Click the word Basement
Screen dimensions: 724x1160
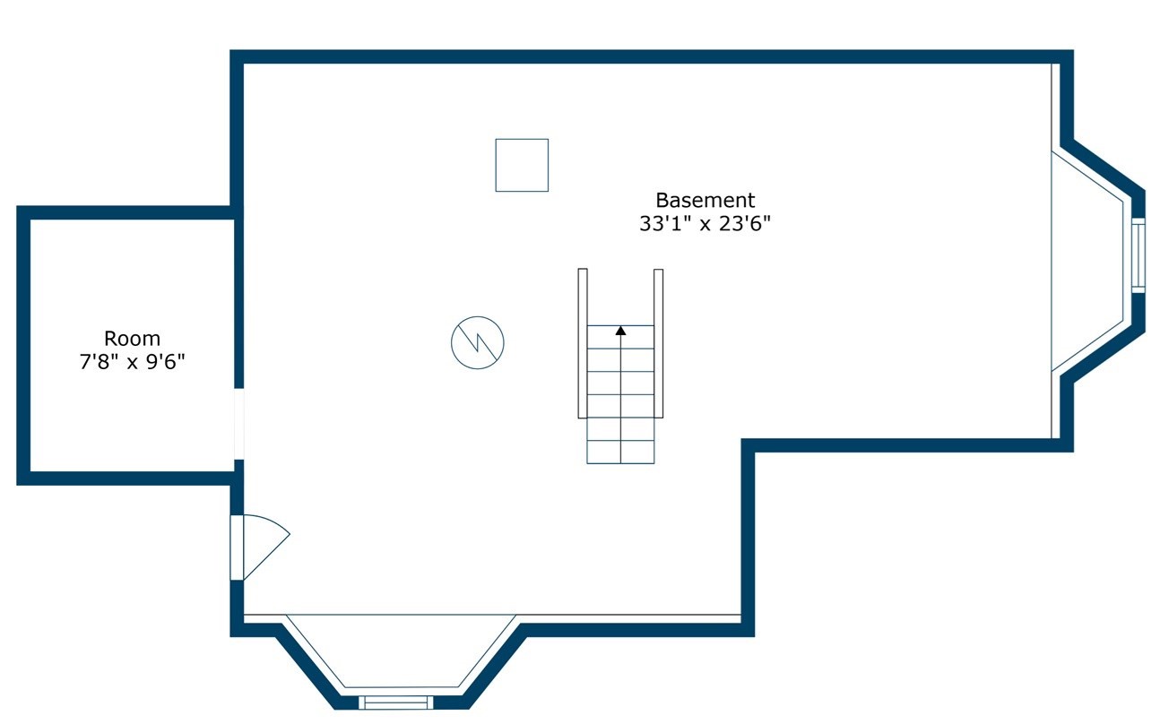(x=705, y=201)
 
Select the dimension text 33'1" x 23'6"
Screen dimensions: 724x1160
(x=705, y=224)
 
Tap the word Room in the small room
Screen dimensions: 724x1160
(x=132, y=339)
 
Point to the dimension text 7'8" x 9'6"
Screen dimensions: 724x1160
(x=132, y=362)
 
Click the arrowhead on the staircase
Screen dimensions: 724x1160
(x=620, y=331)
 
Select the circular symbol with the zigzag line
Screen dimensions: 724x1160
(x=477, y=342)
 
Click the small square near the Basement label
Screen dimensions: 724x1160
(x=522, y=165)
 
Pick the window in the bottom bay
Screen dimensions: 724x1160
(x=395, y=702)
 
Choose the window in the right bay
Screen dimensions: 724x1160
(x=1138, y=255)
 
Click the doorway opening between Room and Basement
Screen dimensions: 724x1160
(x=238, y=423)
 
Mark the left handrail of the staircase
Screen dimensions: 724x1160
(x=583, y=342)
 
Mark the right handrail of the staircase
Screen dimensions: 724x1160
(x=658, y=342)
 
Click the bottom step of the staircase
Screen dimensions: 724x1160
(x=620, y=452)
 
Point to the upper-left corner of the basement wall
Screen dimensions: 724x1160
(x=238, y=56)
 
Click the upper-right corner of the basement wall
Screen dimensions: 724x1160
(x=1067, y=56)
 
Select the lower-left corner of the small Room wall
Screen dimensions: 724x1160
(x=24, y=478)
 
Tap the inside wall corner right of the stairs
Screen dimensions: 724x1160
(x=749, y=445)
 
